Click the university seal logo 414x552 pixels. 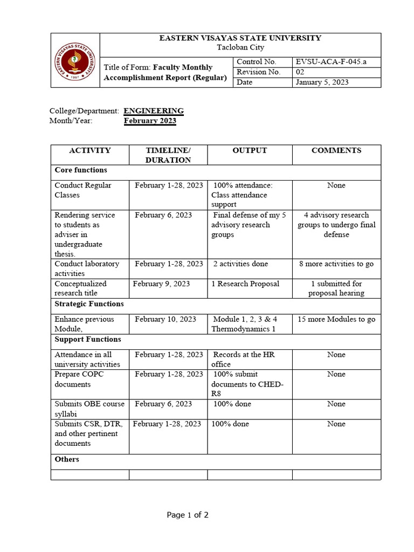tap(75, 60)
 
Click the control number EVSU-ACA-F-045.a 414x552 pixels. tap(330, 62)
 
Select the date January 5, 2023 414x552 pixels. tap(322, 82)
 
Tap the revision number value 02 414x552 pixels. tap(300, 72)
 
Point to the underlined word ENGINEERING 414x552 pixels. tap(154, 111)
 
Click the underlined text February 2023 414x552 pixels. tap(150, 121)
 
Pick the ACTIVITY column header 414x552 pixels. tap(90, 151)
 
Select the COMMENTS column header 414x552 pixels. tap(336, 151)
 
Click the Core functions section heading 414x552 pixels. tap(81, 170)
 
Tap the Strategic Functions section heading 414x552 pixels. tap(89, 304)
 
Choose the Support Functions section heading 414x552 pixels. tap(87, 340)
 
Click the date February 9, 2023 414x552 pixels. tap(161, 284)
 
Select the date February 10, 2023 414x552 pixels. tap(165, 319)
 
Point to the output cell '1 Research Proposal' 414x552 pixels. tap(245, 284)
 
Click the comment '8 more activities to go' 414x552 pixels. tap(336, 264)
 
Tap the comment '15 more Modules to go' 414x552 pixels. tap(336, 319)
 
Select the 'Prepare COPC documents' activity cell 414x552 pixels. tap(80, 379)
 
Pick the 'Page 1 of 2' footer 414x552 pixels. tap(188, 515)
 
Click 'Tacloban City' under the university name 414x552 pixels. tap(240, 47)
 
